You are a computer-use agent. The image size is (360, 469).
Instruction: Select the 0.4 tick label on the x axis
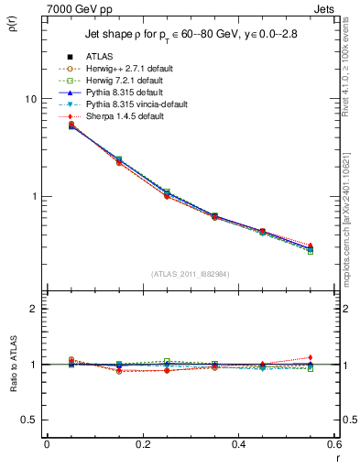pyautogui.click(x=238, y=443)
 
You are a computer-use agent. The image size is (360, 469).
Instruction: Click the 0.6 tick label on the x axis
pyautogui.click(x=333, y=443)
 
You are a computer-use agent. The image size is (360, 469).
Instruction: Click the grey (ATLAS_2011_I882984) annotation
pyautogui.click(x=191, y=274)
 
